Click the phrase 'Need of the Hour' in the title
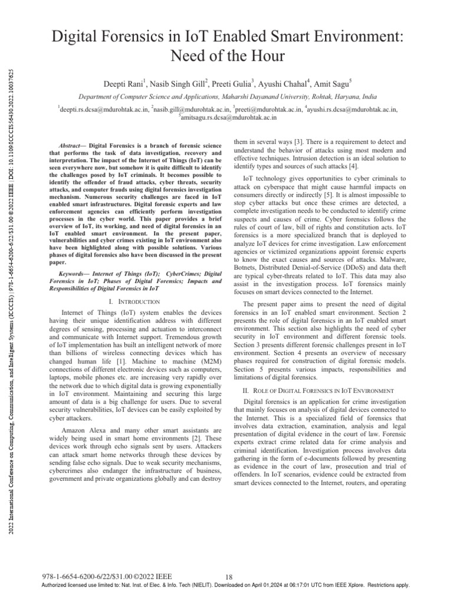(x=226, y=56)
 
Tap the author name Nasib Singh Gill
(x=178, y=84)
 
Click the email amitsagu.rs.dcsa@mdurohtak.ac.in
(x=227, y=117)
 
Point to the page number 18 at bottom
(x=231, y=576)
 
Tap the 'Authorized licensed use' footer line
(x=226, y=585)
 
